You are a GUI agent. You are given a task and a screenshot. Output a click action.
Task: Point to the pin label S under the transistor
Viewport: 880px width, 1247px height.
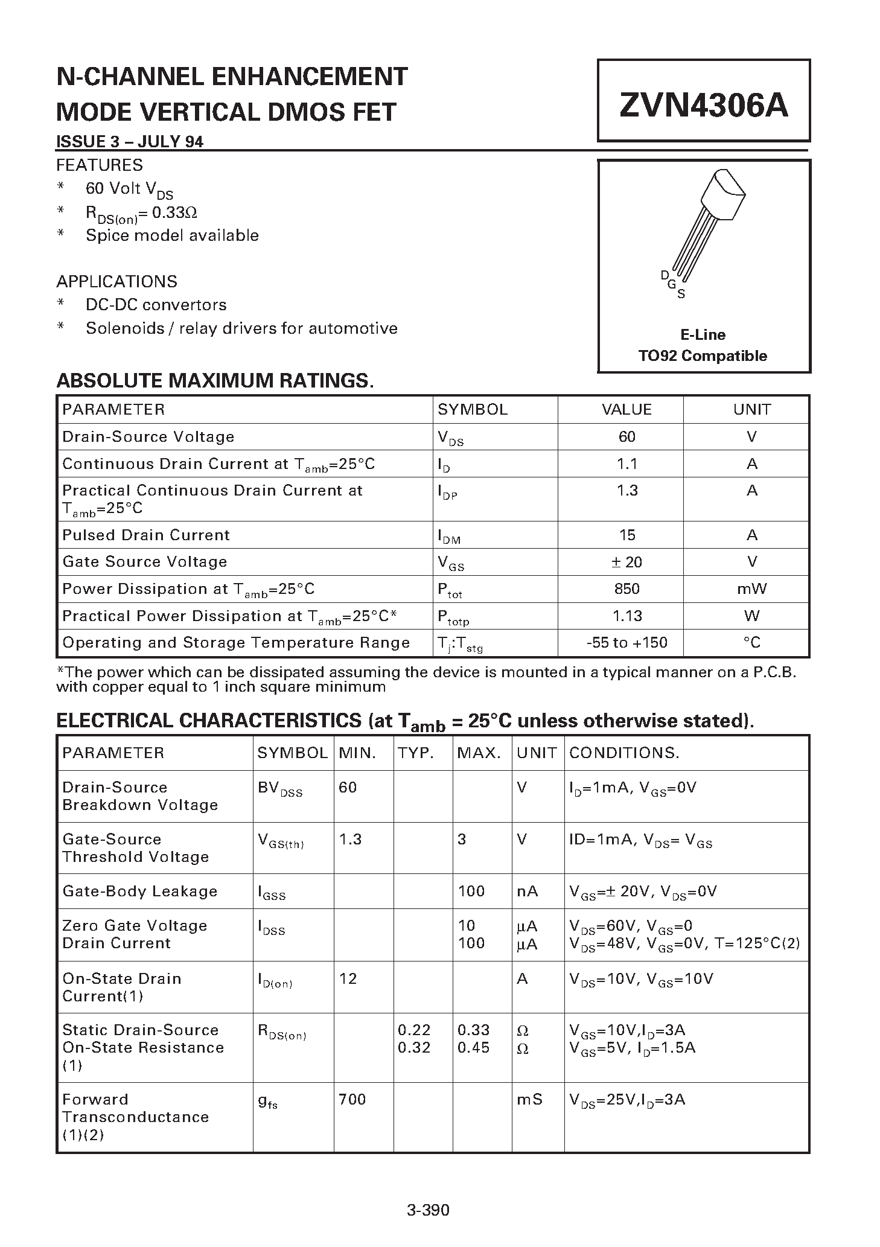pos(681,295)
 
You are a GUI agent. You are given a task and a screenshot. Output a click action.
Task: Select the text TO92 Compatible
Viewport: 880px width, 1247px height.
pos(703,356)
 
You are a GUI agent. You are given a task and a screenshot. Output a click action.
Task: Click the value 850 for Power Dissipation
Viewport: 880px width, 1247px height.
pos(627,589)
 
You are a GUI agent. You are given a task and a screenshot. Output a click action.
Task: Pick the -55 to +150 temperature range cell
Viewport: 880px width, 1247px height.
pos(627,643)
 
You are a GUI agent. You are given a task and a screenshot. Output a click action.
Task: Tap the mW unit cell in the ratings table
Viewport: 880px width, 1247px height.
pos(751,589)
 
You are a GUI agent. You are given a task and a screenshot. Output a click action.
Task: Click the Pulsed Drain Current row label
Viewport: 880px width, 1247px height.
pos(146,535)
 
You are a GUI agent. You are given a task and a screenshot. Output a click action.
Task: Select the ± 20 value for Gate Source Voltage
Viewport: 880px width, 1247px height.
pos(627,563)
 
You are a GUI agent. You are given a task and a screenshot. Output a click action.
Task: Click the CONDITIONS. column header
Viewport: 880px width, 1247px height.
pos(624,753)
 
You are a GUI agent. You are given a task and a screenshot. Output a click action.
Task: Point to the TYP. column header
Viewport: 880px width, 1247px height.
pos(415,753)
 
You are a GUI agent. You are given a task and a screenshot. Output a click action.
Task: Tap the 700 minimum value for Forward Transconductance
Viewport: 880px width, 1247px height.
pos(352,1100)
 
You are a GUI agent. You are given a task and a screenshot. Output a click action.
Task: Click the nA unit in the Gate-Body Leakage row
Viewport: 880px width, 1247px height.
pos(527,891)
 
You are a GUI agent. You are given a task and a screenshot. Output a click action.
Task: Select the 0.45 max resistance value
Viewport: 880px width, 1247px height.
pos(474,1047)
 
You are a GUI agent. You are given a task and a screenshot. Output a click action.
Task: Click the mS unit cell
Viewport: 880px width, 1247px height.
pos(529,1100)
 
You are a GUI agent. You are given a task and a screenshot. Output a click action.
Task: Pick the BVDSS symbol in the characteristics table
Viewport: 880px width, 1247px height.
pos(280,788)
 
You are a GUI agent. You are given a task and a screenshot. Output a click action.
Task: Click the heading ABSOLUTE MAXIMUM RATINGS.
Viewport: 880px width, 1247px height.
pos(215,381)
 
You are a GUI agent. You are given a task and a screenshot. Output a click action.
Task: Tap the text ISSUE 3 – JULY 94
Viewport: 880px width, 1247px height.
pos(130,142)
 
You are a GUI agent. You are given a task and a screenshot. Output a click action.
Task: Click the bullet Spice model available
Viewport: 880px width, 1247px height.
pos(172,235)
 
